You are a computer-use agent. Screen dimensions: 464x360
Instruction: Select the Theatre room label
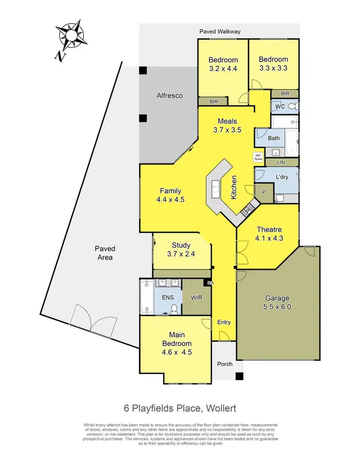(269, 233)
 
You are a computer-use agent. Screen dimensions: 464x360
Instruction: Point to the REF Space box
(258, 156)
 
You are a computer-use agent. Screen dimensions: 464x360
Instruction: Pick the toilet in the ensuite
(174, 309)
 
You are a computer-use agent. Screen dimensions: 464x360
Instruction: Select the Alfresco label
(169, 95)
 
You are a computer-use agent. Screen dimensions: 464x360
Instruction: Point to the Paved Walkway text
(220, 32)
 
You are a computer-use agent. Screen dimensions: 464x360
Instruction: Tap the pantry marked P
(264, 191)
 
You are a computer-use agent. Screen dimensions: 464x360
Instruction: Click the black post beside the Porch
(239, 376)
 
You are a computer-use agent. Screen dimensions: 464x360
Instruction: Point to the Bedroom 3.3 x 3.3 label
(273, 63)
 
